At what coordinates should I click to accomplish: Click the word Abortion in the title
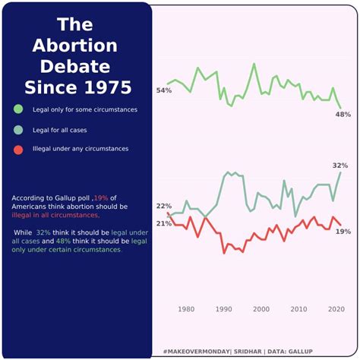point(74,45)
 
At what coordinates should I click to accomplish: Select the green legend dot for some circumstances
point(18,109)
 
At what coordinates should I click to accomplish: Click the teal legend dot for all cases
point(18,130)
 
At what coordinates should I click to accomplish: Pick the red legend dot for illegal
point(18,149)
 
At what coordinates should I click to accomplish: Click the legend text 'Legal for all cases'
point(60,131)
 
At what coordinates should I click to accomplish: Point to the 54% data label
point(163,90)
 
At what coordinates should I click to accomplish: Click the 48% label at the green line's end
point(343,114)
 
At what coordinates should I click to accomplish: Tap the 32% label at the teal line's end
point(340,166)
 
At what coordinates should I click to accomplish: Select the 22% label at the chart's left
point(163,207)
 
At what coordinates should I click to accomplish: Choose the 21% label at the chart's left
point(163,223)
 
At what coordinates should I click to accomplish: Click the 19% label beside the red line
point(343,231)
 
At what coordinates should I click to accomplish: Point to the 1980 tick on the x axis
point(186,309)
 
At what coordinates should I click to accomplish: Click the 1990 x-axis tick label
point(223,309)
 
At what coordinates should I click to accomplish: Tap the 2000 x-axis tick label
point(261,309)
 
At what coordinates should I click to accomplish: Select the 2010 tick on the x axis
point(298,309)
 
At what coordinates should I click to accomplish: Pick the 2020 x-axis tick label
point(336,309)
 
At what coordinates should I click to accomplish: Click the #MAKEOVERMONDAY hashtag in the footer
point(197,352)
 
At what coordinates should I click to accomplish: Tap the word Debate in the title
point(74,65)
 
